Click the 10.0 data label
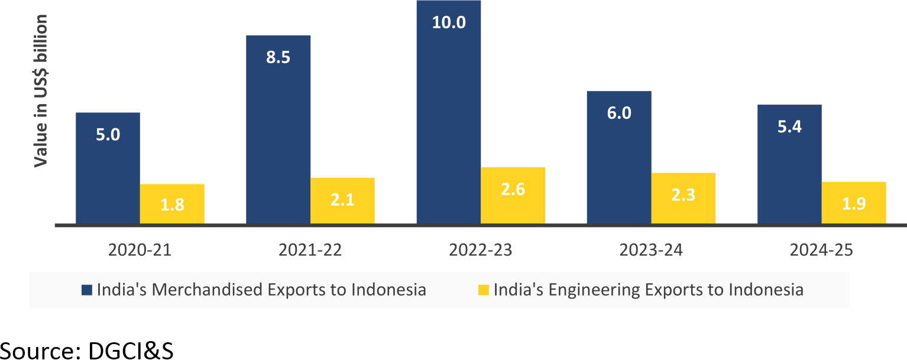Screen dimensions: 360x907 click(x=449, y=22)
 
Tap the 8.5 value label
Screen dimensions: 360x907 click(x=278, y=59)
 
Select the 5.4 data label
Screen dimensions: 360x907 click(x=789, y=126)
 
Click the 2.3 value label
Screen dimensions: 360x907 click(x=684, y=194)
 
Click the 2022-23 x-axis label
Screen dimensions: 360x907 click(x=481, y=250)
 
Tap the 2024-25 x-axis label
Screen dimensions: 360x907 click(x=821, y=250)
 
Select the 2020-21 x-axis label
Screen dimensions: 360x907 click(x=140, y=250)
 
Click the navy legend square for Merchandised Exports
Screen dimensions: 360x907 click(x=88, y=290)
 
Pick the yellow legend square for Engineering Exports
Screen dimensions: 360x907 click(x=484, y=290)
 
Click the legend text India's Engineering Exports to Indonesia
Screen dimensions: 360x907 click(x=648, y=290)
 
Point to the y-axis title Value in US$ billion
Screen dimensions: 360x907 click(x=40, y=92)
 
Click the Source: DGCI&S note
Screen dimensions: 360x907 click(x=87, y=350)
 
